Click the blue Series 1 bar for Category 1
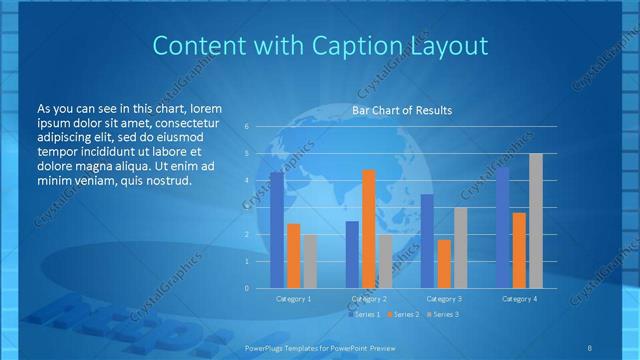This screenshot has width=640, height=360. coord(276,230)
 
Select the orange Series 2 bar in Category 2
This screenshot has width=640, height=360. coord(369,229)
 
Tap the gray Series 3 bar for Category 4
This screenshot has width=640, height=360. coord(536,221)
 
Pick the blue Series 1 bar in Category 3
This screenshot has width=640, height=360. coord(427,241)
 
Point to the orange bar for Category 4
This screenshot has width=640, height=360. coord(519,250)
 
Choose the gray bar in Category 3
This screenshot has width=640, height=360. coord(460,248)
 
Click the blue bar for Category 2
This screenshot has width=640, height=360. coord(352,254)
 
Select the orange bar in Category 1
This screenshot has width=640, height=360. coord(293,256)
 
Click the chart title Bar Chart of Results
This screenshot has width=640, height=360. coord(402,110)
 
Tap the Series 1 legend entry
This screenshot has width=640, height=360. coord(365,315)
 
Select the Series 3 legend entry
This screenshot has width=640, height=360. coord(442,315)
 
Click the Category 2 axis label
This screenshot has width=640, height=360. coord(368,299)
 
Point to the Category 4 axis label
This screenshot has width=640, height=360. coord(519,299)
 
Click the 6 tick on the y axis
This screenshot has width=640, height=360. coord(247,127)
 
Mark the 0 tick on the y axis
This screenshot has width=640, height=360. coord(247,288)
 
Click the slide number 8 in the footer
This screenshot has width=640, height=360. coord(590,347)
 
